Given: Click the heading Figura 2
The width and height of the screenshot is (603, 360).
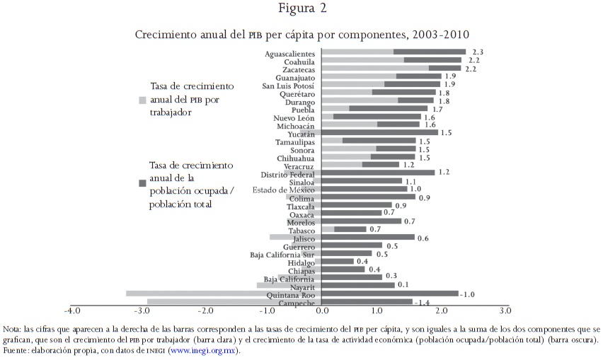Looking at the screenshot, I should [x=301, y=9].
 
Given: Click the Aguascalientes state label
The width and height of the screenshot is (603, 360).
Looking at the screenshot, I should [x=290, y=53].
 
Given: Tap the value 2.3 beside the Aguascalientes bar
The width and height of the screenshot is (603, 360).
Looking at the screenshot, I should [x=477, y=52].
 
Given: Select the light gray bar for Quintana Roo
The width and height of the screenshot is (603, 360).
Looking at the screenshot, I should [x=223, y=294].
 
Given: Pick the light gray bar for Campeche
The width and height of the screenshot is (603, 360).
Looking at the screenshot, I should [x=234, y=302].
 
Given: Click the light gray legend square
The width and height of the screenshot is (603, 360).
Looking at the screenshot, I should [x=142, y=100].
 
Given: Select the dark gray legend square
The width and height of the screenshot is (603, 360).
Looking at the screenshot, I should [x=142, y=182].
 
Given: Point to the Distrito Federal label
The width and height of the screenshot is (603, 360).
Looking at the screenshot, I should [x=288, y=174].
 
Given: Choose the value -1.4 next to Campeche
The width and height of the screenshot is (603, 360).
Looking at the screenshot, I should [x=423, y=303].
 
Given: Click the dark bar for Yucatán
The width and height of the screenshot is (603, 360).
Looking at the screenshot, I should [x=380, y=132].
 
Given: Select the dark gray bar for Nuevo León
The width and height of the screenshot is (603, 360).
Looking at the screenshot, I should [x=377, y=117].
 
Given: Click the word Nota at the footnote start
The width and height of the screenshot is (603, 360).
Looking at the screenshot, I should [x=12, y=330].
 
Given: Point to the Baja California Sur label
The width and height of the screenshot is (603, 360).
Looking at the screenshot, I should [x=283, y=255].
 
